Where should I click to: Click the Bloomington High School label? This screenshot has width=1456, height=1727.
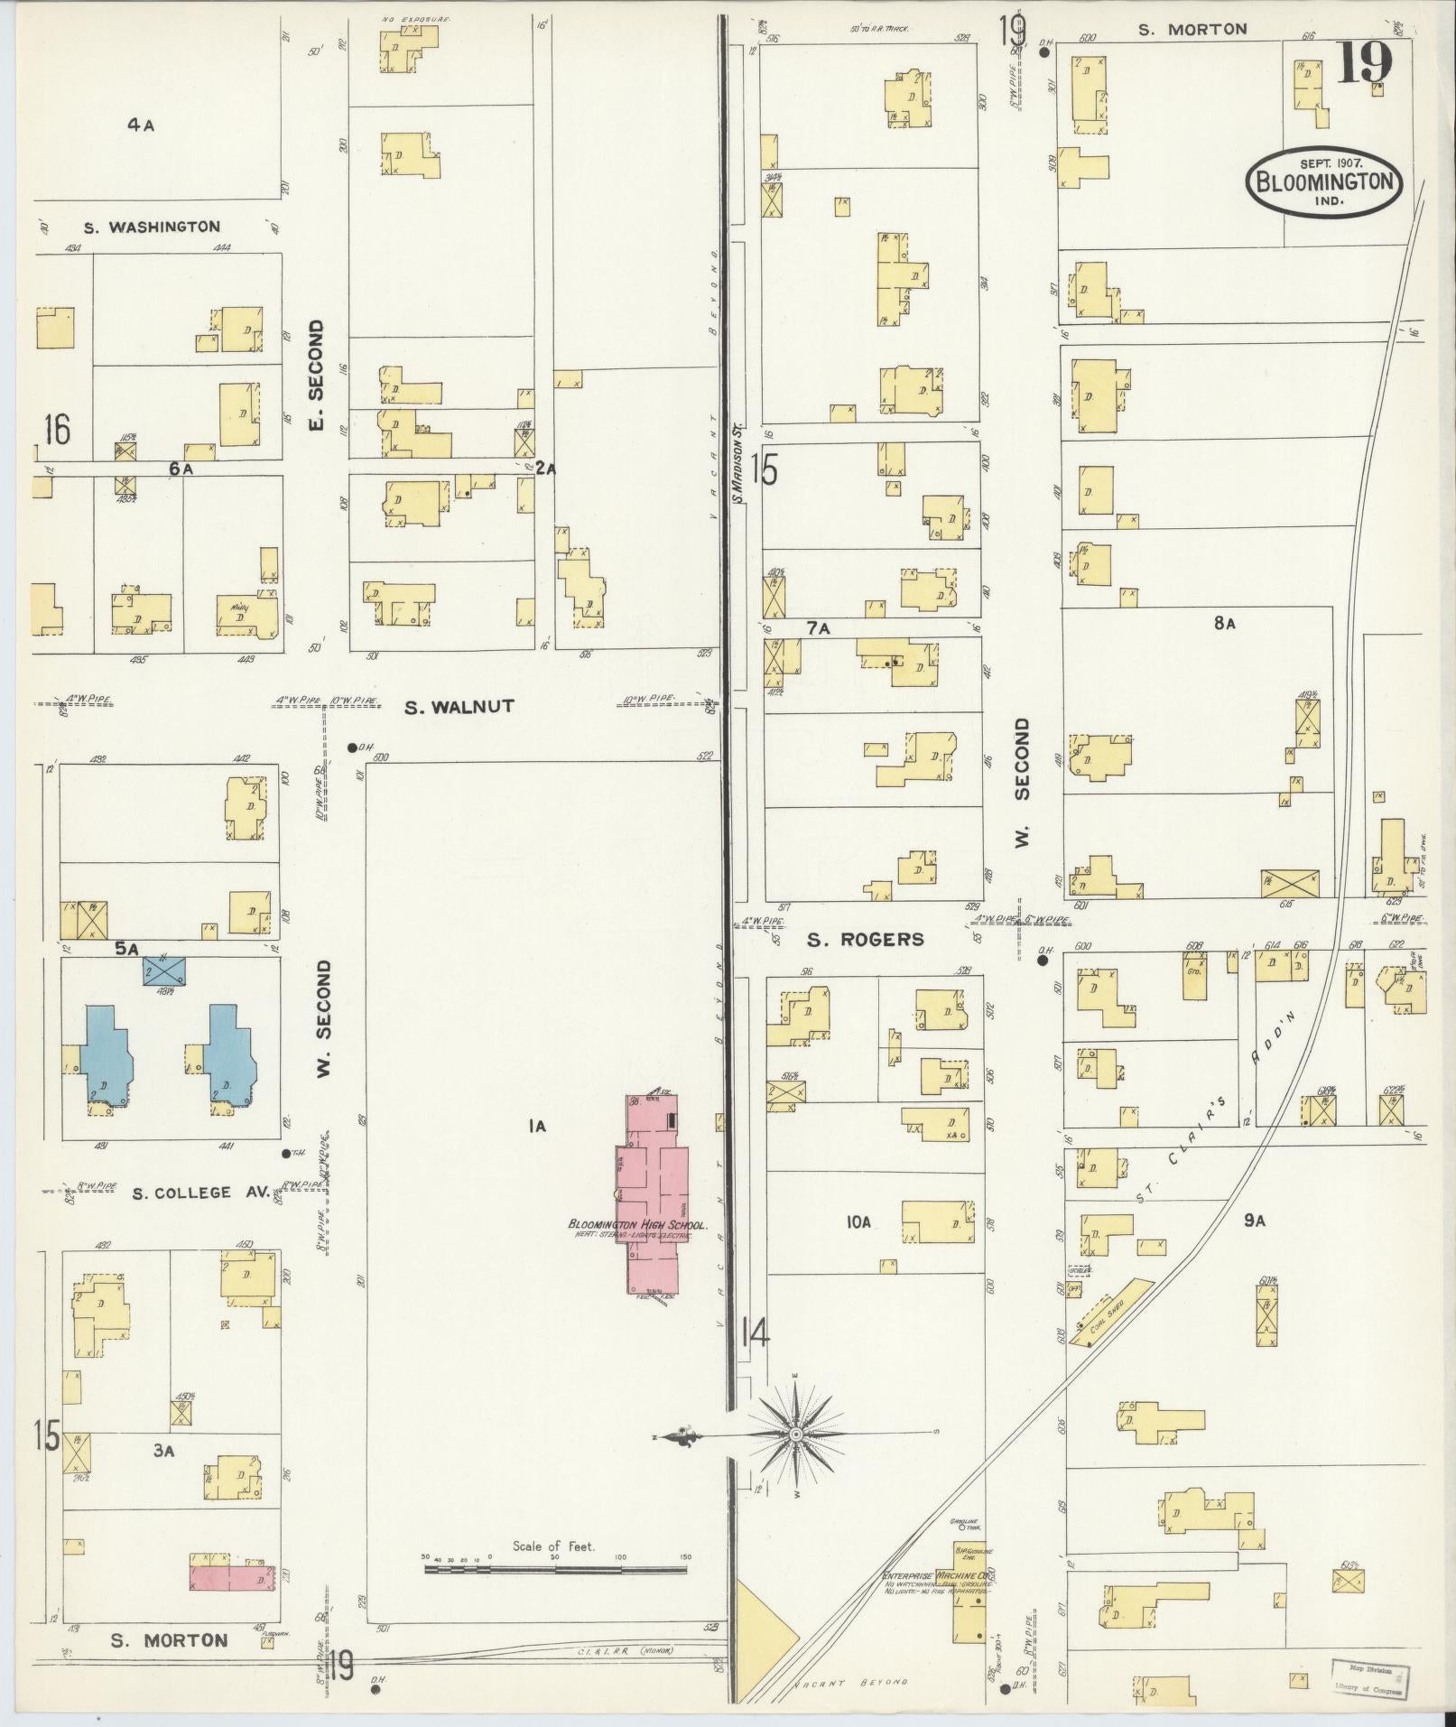coord(636,1225)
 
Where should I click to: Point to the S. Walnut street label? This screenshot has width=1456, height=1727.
coord(459,707)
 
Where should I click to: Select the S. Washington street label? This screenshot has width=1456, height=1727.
coord(152,227)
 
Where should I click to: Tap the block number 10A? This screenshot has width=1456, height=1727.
coord(858,1222)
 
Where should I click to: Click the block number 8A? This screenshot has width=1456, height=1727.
coord(1223,623)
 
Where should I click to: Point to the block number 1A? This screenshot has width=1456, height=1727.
coord(537,1125)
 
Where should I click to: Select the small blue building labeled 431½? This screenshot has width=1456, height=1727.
coord(164,971)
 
